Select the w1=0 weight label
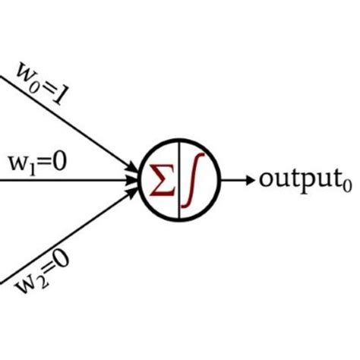point(38,163)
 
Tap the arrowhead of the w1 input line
point(135,180)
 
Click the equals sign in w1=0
point(47,163)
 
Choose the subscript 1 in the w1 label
point(30,168)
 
